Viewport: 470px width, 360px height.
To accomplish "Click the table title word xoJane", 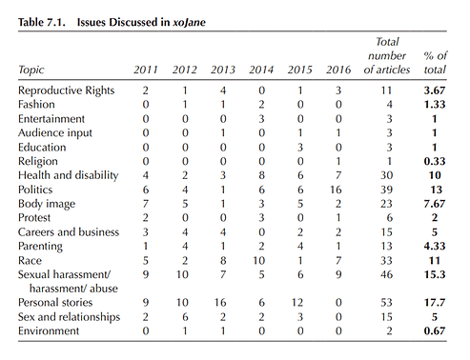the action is (x=189, y=22).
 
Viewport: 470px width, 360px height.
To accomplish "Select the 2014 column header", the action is (x=261, y=70).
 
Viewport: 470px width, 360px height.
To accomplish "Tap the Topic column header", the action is (x=31, y=70).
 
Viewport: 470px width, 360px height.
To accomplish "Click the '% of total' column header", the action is (x=435, y=63).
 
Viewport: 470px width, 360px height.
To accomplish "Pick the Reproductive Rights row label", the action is (x=66, y=90).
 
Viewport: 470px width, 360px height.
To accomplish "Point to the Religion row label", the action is (x=38, y=162).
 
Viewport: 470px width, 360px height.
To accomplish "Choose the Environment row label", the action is (x=49, y=330).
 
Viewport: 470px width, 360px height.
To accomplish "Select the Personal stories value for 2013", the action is (x=220, y=303).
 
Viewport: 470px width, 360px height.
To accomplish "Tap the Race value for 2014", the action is (x=258, y=261).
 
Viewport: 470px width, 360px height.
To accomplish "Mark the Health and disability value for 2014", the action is (x=261, y=175).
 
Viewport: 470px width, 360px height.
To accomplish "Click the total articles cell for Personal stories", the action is (x=386, y=303).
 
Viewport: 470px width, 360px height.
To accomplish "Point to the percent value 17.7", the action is (x=435, y=303).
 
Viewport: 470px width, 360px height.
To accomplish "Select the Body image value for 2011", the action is (x=146, y=204).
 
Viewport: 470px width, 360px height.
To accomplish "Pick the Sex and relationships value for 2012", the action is (x=185, y=317).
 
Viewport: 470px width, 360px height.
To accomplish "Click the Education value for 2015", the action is (x=300, y=148).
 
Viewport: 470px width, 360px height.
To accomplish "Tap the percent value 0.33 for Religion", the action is (x=435, y=161).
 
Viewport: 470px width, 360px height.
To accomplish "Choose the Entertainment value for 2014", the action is (x=261, y=119).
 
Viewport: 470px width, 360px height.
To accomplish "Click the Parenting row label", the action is (x=40, y=247).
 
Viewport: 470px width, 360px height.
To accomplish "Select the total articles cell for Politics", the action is (x=386, y=190).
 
